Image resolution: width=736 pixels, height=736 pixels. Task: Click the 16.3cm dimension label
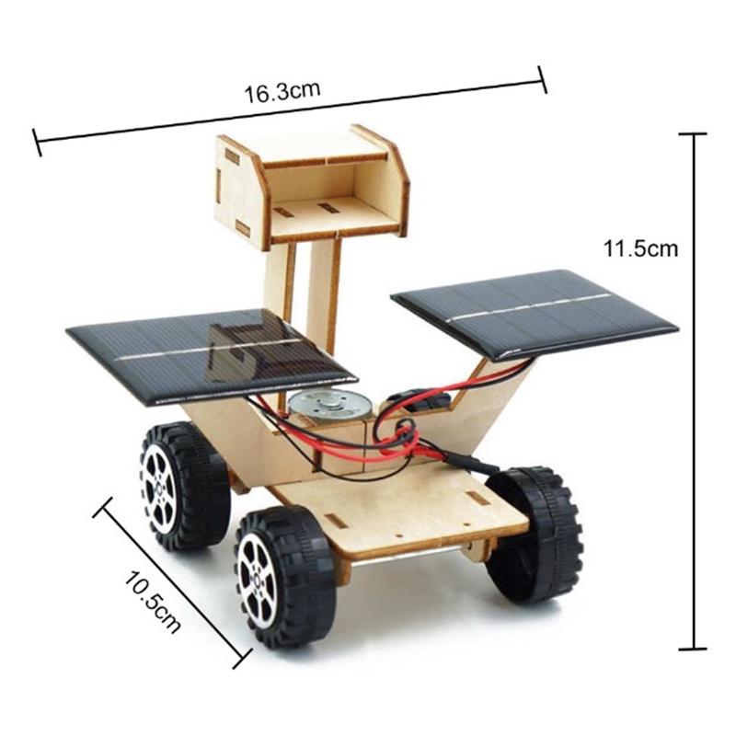282,91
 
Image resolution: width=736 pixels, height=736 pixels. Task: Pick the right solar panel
534,313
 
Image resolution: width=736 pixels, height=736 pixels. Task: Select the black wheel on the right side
534,534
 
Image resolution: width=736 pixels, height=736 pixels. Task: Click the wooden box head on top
311,184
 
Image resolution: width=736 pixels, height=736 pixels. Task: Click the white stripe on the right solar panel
534,308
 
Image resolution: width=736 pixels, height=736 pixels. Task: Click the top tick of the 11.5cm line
692,134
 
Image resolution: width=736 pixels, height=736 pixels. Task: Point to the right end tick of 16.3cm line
542,78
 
